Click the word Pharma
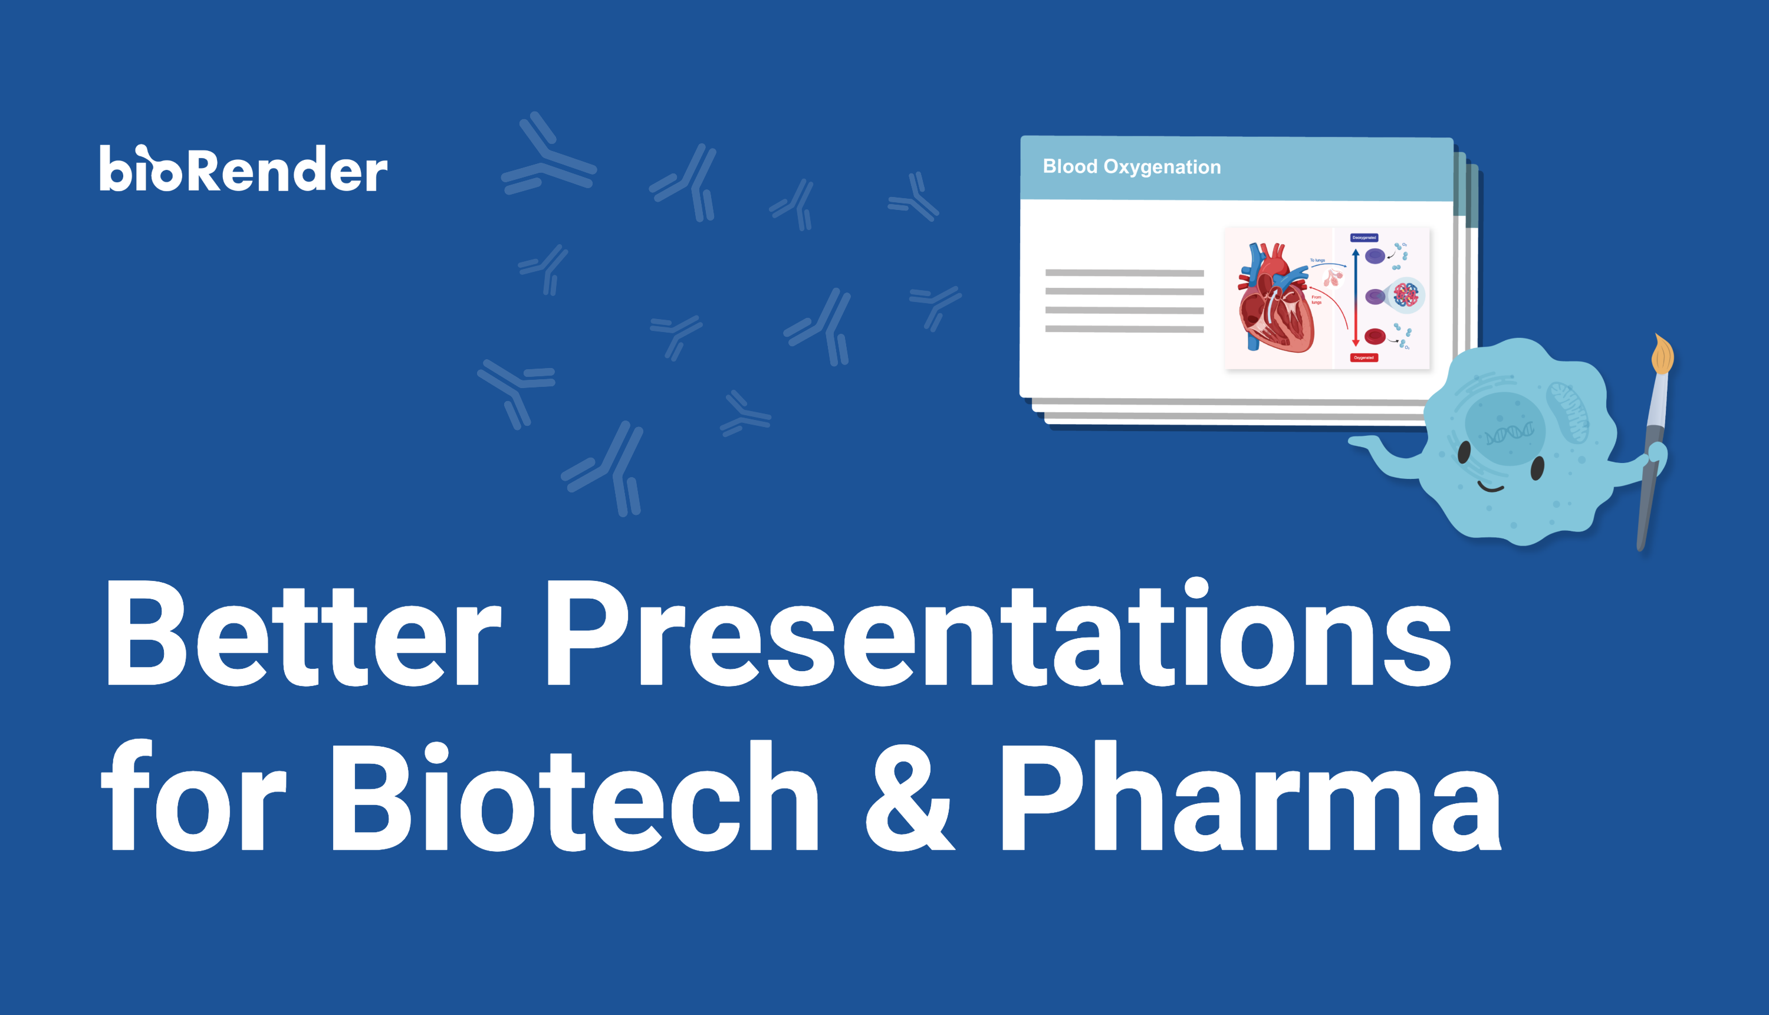coord(1251,798)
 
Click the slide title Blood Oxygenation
coord(1131,166)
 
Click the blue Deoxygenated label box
coord(1364,238)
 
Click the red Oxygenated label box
coord(1364,357)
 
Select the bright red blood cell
coord(1375,337)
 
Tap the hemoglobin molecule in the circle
coord(1406,295)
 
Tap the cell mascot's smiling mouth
coord(1490,488)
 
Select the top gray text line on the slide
coord(1124,273)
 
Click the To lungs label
coord(1318,260)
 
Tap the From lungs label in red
coord(1317,300)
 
